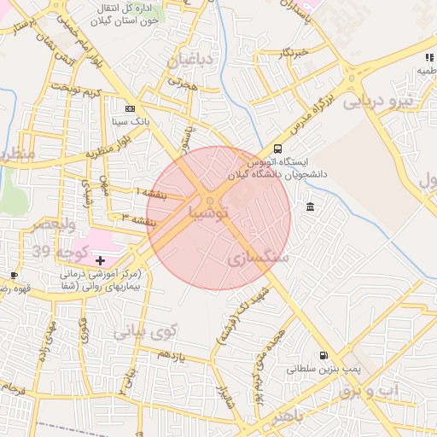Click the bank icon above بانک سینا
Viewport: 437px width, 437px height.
tap(130, 109)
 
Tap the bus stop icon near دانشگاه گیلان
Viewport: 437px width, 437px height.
tap(276, 148)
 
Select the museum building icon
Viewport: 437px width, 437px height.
tap(309, 207)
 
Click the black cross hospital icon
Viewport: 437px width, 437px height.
tap(101, 259)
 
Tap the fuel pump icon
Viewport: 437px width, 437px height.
tap(323, 356)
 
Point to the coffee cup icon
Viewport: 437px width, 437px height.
tap(14, 275)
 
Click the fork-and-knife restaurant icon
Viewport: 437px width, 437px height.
tap(428, 58)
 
